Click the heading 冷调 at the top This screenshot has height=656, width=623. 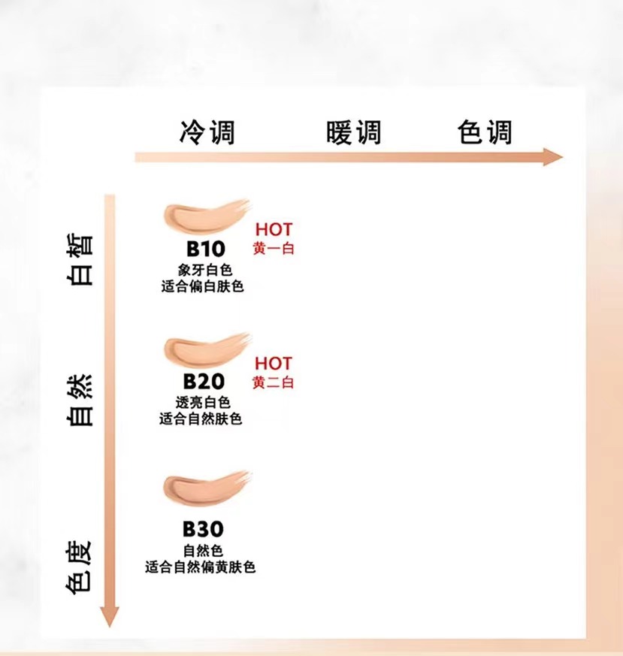[207, 132]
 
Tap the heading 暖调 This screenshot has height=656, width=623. [353, 132]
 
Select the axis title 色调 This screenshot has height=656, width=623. [485, 132]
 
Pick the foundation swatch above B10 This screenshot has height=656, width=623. [205, 217]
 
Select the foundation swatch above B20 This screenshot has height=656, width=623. [205, 348]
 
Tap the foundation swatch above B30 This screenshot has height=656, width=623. [205, 488]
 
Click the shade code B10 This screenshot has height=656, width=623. [204, 249]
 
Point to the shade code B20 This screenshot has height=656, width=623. [204, 381]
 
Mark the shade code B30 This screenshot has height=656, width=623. [204, 530]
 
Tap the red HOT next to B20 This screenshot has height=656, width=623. [274, 364]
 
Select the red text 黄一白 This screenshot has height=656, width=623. [274, 249]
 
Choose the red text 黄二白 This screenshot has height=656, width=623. [274, 383]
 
